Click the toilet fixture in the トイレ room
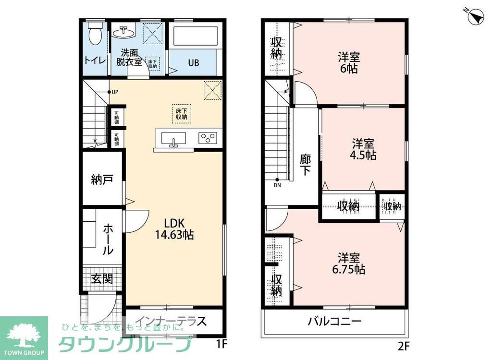pyautogui.click(x=95, y=33)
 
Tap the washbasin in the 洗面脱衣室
pyautogui.click(x=124, y=33)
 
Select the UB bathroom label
pyautogui.click(x=194, y=63)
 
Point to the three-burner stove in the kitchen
pyautogui.click(x=208, y=138)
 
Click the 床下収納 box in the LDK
pyautogui.click(x=181, y=113)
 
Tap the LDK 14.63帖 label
pyautogui.click(x=174, y=229)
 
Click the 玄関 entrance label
pyautogui.click(x=102, y=279)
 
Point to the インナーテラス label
pyautogui.click(x=171, y=321)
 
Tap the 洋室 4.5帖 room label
pyautogui.click(x=363, y=149)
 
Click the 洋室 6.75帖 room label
pyautogui.click(x=348, y=264)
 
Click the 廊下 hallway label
pyautogui.click(x=305, y=165)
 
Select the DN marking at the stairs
pyautogui.click(x=277, y=185)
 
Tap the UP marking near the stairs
pyautogui.click(x=114, y=92)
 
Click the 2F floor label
pyautogui.click(x=402, y=345)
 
